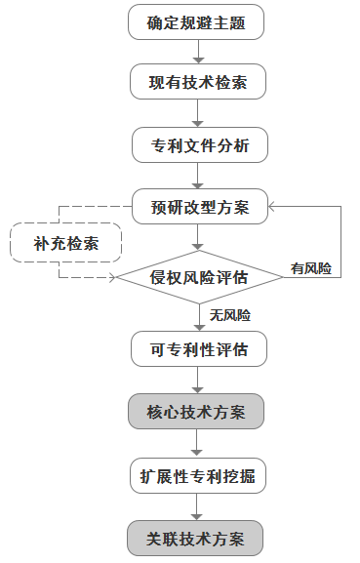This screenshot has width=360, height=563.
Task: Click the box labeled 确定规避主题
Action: click(x=197, y=22)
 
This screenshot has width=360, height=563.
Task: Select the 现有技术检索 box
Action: click(x=197, y=82)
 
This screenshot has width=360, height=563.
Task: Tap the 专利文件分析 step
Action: click(x=197, y=145)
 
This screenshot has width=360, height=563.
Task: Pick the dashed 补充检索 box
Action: click(x=65, y=242)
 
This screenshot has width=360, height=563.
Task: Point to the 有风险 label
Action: click(x=311, y=266)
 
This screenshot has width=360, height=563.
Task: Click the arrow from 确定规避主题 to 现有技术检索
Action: click(x=197, y=52)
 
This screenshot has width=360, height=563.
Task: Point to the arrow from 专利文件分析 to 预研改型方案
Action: click(x=197, y=176)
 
